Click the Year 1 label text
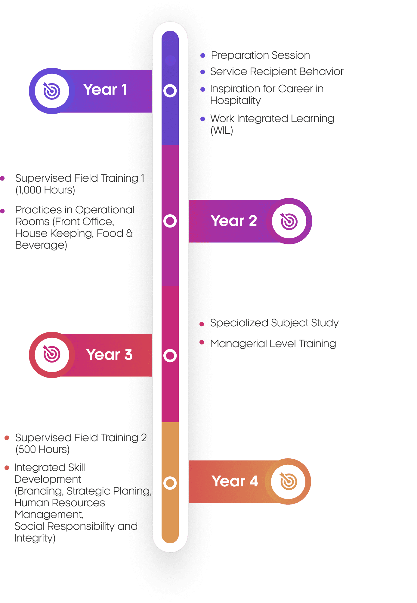105,90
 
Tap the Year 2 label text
234,221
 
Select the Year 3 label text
109,354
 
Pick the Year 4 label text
235,481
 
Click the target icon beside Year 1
52,91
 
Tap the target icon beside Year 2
289,221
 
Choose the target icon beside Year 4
288,481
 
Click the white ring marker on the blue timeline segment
170,90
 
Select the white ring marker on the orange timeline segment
170,483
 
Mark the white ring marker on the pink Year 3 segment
170,356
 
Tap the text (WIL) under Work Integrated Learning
222,130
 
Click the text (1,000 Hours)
45,190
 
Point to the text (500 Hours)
42,449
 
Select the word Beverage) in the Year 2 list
41,245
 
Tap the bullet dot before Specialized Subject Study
202,324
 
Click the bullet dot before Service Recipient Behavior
203,72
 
